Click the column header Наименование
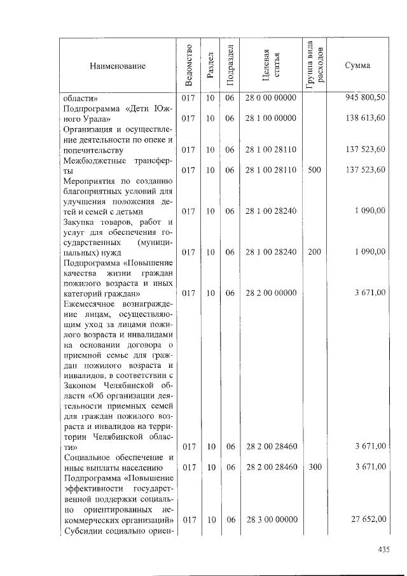pyautogui.click(x=118, y=66)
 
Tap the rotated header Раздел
pyautogui.click(x=210, y=66)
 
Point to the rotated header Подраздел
pyautogui.click(x=230, y=66)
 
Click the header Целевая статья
pyautogui.click(x=271, y=66)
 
